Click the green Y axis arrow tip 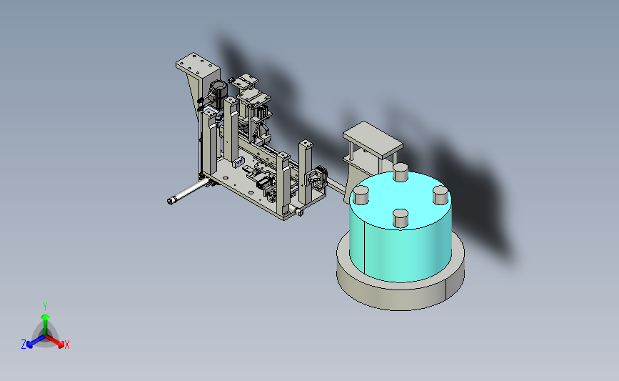point(45,317)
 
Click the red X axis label point(66,345)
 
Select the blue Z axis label point(24,345)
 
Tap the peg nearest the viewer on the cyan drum point(401,219)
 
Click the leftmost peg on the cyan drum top point(361,196)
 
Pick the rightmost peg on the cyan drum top point(441,195)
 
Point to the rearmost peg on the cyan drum point(401,172)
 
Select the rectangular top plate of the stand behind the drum point(373,139)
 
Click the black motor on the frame point(218,91)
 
